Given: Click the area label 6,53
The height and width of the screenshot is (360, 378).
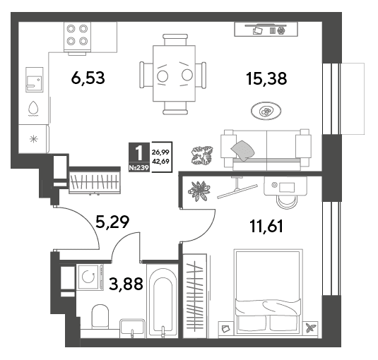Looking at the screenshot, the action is (88, 78).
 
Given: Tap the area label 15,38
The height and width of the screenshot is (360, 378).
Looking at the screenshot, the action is (266, 78).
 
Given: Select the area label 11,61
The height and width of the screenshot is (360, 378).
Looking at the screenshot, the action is (266, 226).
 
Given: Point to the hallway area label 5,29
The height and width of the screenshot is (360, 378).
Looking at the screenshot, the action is (112, 222).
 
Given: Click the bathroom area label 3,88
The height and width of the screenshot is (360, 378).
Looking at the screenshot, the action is (126, 284).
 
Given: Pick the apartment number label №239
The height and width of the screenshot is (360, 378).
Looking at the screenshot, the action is (139, 168).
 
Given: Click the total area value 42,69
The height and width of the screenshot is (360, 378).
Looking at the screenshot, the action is (160, 161).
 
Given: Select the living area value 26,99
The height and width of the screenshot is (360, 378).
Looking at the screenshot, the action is (160, 152).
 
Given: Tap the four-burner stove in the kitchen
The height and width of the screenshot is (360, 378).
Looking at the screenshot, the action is (77, 37).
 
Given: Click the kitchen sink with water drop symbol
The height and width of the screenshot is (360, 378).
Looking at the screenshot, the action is (33, 109).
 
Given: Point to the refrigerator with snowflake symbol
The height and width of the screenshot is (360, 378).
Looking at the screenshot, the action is (34, 139).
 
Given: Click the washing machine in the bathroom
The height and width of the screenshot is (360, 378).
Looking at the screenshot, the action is (90, 277).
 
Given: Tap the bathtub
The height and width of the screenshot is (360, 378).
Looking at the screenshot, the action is (162, 301).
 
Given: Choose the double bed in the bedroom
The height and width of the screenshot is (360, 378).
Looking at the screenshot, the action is (268, 292).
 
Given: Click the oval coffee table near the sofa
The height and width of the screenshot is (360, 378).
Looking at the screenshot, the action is (266, 111).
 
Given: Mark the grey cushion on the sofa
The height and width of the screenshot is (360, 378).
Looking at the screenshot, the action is (243, 150).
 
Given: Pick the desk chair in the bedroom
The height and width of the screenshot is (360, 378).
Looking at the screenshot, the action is (287, 202).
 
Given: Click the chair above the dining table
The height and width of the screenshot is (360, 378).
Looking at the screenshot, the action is (175, 40).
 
